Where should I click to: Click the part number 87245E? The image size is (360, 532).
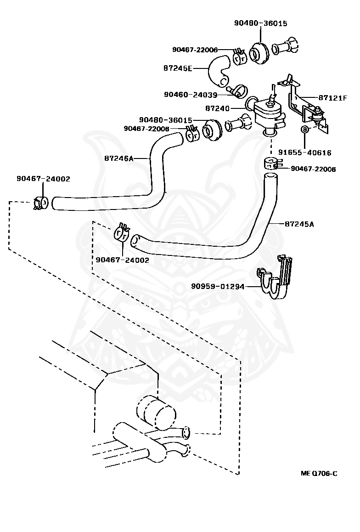click(x=178, y=68)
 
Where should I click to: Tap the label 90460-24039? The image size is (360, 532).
click(x=190, y=94)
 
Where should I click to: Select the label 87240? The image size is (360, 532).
click(x=217, y=108)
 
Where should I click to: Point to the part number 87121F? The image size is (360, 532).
click(x=333, y=98)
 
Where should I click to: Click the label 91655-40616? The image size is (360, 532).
click(x=305, y=153)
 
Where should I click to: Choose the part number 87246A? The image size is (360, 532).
click(x=119, y=158)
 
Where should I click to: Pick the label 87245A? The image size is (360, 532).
click(x=299, y=224)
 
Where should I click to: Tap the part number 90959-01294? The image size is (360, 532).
click(x=218, y=286)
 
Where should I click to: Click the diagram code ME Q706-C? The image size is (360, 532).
click(x=319, y=474)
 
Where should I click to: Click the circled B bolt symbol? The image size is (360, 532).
click(x=305, y=129)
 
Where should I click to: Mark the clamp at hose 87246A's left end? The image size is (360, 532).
click(x=41, y=203)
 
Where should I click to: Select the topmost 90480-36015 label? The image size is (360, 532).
click(x=261, y=23)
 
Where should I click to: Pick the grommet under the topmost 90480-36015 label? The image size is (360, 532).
click(x=259, y=53)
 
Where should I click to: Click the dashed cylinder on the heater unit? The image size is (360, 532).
click(x=156, y=412)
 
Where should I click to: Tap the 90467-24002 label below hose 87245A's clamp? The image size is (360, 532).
click(x=123, y=260)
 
